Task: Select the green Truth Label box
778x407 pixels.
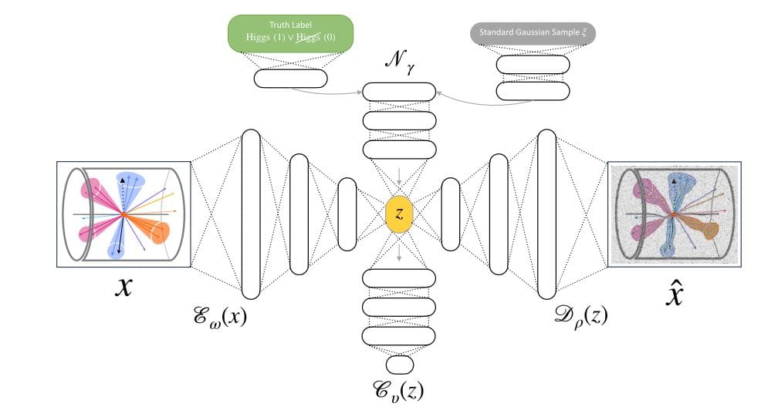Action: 291,35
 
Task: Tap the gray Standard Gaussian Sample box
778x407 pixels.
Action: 533,33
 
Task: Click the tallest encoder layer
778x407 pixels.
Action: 252,214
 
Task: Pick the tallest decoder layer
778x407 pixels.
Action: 547,214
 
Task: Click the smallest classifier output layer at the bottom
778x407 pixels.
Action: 400,365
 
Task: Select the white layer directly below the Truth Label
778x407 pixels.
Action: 291,78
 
